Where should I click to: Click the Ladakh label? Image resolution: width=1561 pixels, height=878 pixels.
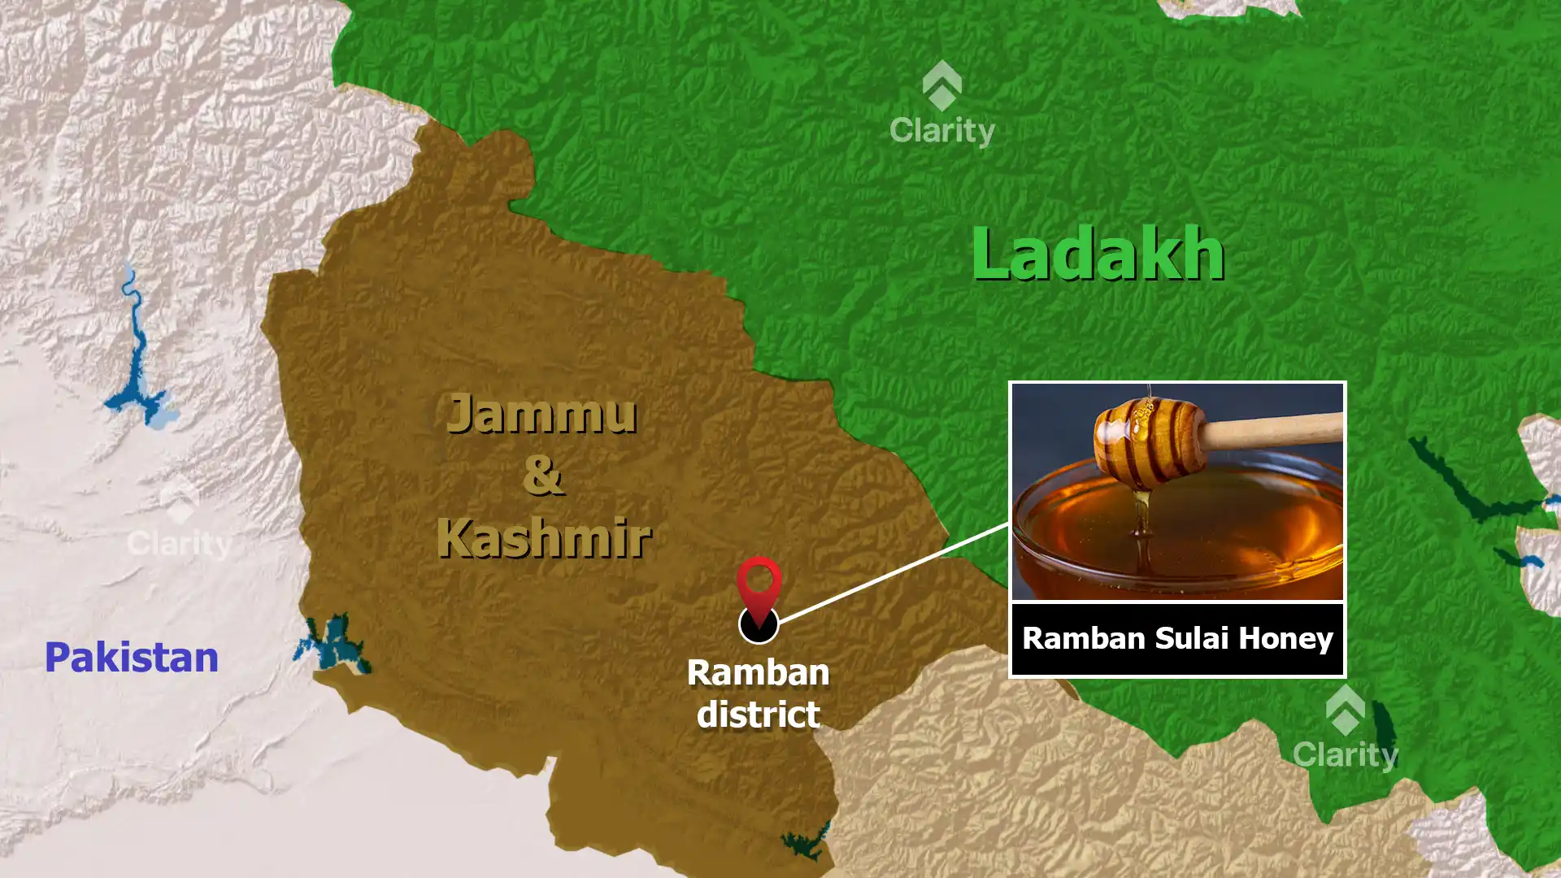1098,254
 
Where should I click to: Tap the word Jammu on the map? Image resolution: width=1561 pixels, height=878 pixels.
541,414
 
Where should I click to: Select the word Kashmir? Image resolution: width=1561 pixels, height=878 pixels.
543,537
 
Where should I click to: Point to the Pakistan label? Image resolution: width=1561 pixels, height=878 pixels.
132,657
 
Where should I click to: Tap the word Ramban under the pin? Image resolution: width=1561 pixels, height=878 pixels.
758,673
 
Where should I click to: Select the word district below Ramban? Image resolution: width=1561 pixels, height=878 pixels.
758,715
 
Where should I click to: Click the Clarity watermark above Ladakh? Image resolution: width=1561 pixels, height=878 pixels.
941,106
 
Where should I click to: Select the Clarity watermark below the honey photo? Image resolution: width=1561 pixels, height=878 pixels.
1345,729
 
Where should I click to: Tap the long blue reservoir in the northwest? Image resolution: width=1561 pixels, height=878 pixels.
134,358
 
